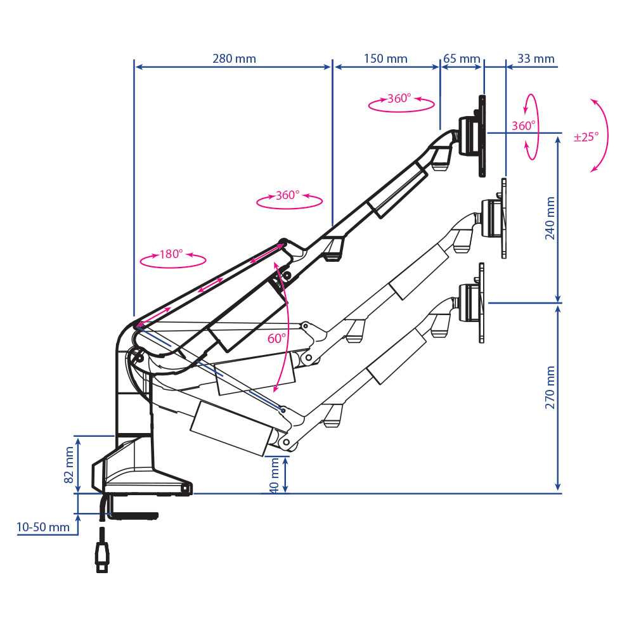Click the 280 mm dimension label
(x=234, y=58)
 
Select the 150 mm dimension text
(x=385, y=58)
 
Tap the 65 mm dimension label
(x=462, y=58)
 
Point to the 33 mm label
(x=536, y=58)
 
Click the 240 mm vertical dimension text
(x=550, y=218)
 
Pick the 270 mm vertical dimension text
(x=550, y=387)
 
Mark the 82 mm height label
(x=69, y=465)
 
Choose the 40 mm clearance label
(x=275, y=475)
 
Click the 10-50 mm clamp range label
(x=43, y=527)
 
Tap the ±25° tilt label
(x=586, y=137)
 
